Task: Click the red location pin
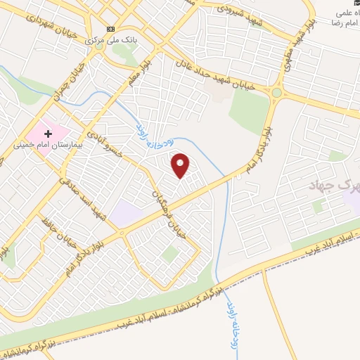tap(181, 166)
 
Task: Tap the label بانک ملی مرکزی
tap(110, 40)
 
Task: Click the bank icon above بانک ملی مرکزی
tap(110, 29)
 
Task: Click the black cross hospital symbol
tap(49, 133)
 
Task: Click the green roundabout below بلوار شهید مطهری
tap(277, 92)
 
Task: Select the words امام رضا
tap(344, 23)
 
